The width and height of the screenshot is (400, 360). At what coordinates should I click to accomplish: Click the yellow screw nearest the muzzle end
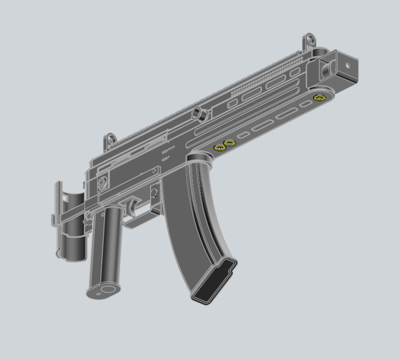[320, 98]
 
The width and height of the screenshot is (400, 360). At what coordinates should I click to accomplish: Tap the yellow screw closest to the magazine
[219, 148]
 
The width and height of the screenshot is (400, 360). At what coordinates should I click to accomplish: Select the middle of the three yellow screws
[229, 143]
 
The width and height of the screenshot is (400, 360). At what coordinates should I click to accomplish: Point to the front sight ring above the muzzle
[308, 40]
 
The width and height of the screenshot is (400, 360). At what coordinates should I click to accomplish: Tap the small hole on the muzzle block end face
[348, 66]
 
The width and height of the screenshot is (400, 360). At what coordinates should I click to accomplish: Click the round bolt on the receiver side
[103, 182]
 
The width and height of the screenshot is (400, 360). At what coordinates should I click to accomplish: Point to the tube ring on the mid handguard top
[198, 114]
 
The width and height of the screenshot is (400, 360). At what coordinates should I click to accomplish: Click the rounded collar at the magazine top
[200, 158]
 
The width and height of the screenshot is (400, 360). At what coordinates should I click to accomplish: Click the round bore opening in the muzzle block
[325, 67]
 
